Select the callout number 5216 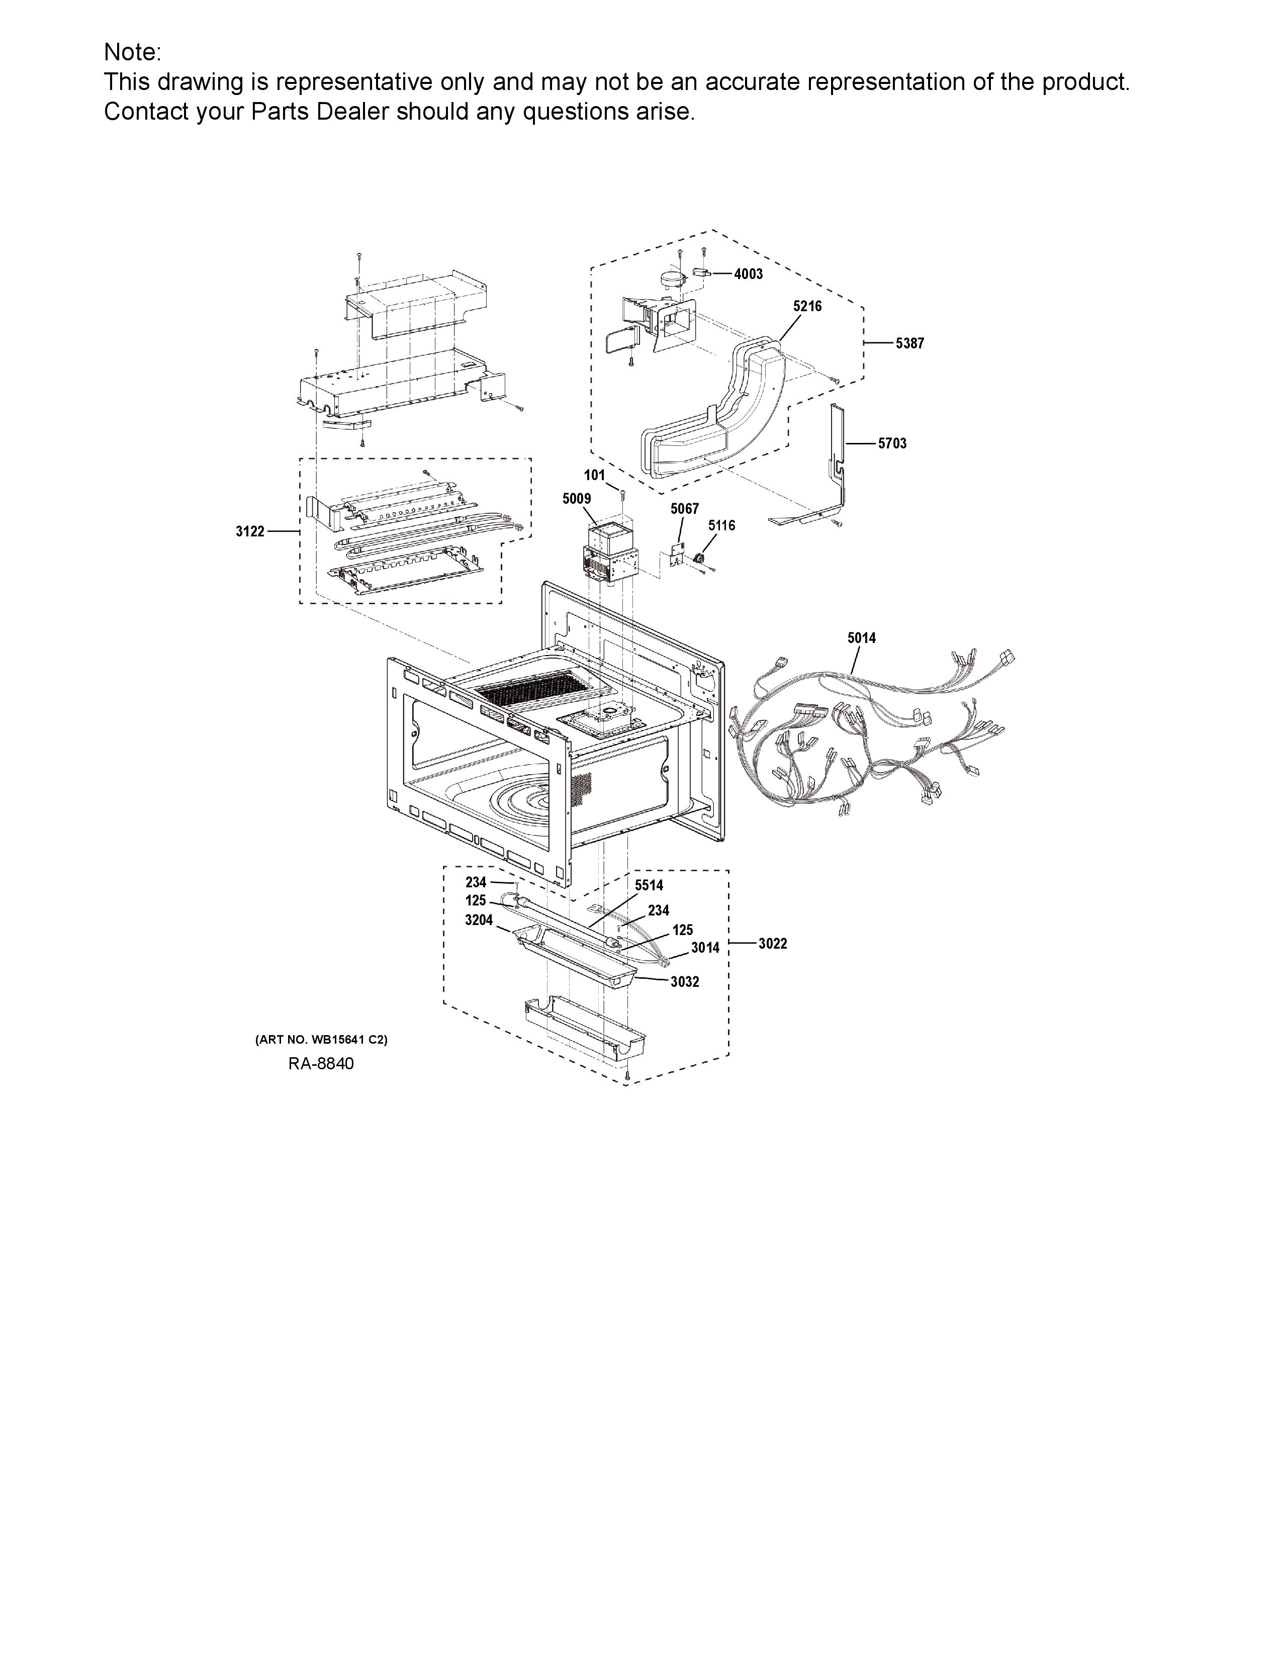[807, 306]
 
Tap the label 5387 [910, 343]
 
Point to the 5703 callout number [892, 443]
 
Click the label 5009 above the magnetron [577, 499]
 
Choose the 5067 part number [684, 509]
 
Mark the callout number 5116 [721, 526]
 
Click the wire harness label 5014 [862, 638]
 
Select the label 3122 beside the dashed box [250, 532]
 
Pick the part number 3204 [479, 920]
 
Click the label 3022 [773, 944]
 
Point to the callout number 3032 [685, 982]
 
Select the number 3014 [705, 948]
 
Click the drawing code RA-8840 [321, 1063]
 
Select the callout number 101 [595, 476]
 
